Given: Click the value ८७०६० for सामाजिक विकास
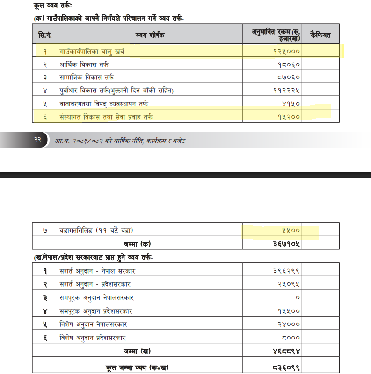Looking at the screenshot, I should (x=286, y=77).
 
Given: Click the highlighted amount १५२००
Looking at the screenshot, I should (x=286, y=115).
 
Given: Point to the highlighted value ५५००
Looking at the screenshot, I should (x=290, y=231).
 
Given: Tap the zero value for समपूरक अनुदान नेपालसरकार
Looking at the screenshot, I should (x=298, y=297).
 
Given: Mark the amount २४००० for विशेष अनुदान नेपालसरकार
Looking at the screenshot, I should (x=286, y=324).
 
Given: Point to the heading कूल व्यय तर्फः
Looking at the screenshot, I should (x=51, y=6).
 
